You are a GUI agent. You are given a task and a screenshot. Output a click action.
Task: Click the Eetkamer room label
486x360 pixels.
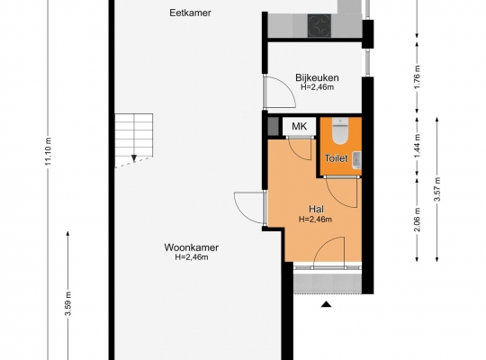pyautogui.click(x=190, y=13)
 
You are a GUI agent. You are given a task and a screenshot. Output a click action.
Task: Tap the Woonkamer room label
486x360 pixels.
pyautogui.click(x=191, y=247)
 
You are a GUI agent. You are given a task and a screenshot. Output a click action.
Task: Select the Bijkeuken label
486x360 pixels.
pyautogui.click(x=317, y=77)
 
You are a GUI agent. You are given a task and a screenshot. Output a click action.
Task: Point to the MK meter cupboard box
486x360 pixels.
pyautogui.click(x=300, y=126)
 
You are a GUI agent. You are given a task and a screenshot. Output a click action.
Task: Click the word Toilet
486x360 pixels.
pyautogui.click(x=336, y=158)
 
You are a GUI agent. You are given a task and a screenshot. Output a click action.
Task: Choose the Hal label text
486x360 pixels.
pyautogui.click(x=316, y=209)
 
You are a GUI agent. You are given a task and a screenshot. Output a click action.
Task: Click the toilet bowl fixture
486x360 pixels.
pyautogui.click(x=340, y=130)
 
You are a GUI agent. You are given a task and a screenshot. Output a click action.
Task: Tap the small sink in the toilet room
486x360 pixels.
pyautogui.click(x=356, y=160)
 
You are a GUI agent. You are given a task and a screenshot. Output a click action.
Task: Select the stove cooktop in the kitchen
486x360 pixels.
pyautogui.click(x=319, y=26)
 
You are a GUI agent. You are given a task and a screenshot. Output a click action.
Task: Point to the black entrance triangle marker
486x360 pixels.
pyautogui.click(x=326, y=304)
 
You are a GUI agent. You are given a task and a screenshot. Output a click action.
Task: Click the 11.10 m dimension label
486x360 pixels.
pyautogui.click(x=49, y=151)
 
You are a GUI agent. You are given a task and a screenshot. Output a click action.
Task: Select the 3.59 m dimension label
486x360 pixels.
pyautogui.click(x=67, y=303)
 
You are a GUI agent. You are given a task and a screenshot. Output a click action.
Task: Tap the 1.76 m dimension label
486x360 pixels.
pyautogui.click(x=418, y=76)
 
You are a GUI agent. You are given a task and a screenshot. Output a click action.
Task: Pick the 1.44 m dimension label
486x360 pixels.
pyautogui.click(x=418, y=146)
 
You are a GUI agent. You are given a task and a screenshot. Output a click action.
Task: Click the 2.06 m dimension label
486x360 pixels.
pyautogui.click(x=418, y=220)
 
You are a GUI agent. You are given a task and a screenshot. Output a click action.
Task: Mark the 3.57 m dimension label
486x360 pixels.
pyautogui.click(x=437, y=189)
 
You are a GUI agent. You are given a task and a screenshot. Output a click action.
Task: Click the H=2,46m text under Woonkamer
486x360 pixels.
pyautogui.click(x=192, y=257)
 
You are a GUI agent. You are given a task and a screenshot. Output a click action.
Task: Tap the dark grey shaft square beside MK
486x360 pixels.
pyautogui.click(x=273, y=126)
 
